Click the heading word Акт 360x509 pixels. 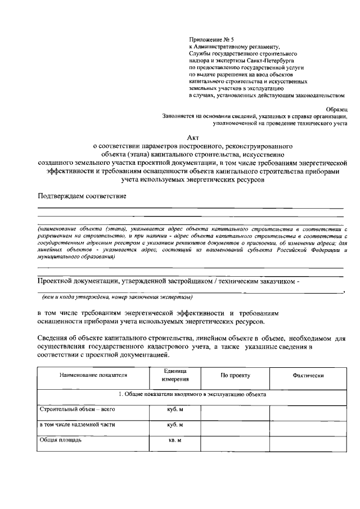tap(192, 136)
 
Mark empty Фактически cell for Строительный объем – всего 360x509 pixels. tap(308, 412)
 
